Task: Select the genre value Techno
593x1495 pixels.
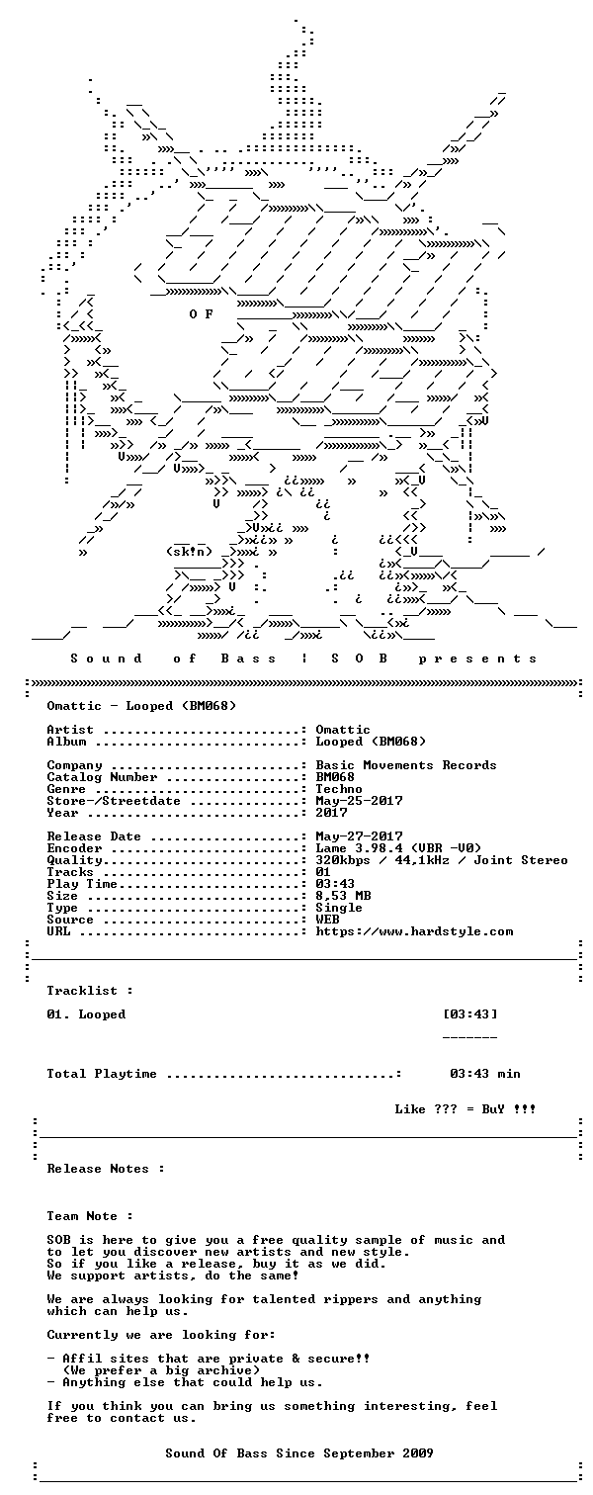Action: click(x=339, y=789)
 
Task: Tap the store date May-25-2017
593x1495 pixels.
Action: click(x=360, y=801)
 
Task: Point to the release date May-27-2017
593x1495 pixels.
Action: click(x=360, y=836)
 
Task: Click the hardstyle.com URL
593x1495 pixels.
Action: click(x=415, y=931)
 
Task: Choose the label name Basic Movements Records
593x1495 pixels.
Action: click(x=406, y=765)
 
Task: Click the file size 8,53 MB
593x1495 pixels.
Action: click(x=344, y=896)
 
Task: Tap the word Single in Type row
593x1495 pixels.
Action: click(x=339, y=908)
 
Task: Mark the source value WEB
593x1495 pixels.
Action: click(x=327, y=920)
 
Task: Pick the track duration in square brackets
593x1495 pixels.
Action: click(x=470, y=1014)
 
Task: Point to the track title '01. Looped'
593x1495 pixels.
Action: click(x=86, y=1014)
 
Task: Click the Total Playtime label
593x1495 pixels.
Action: click(x=102, y=1074)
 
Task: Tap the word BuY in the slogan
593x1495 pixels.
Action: click(x=493, y=1109)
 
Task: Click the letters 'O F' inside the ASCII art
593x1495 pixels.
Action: click(x=201, y=313)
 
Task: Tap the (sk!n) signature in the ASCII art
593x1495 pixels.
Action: click(x=189, y=552)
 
